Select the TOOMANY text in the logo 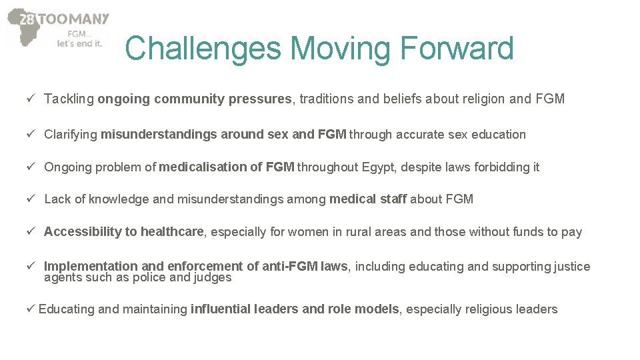73,19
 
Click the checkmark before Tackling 31,99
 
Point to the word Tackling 69,99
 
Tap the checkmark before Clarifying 31,135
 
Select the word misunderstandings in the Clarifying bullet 159,135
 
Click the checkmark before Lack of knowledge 31,199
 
